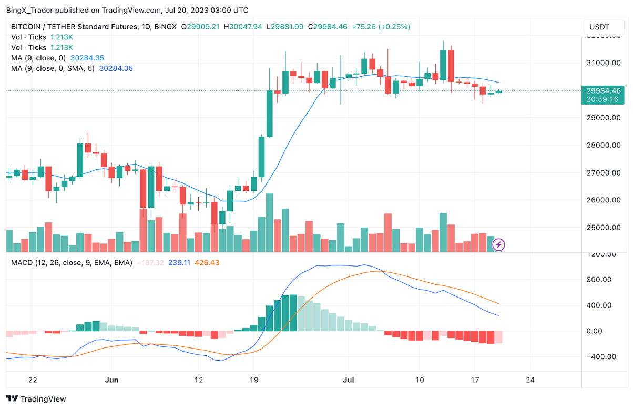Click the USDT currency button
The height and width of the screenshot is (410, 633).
pos(599,27)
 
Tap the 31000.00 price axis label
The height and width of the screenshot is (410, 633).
pos(603,63)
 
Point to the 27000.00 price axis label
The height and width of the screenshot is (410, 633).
pos(603,172)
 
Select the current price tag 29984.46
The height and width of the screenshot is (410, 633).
pos(604,90)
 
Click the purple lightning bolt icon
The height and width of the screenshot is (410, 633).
pos(499,244)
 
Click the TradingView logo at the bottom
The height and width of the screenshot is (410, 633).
pos(36,399)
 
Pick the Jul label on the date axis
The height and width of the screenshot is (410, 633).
pos(348,380)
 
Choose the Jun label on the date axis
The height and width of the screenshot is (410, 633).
pos(111,380)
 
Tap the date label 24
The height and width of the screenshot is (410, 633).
pos(530,380)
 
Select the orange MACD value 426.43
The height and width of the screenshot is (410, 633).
pos(207,262)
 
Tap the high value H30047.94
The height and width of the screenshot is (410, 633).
pos(243,27)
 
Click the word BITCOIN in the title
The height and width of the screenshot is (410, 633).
pos(28,27)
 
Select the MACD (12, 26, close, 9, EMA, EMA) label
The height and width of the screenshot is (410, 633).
pos(72,262)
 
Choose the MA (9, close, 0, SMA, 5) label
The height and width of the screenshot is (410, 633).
pos(53,68)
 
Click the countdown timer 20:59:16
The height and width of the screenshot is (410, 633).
pos(604,99)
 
